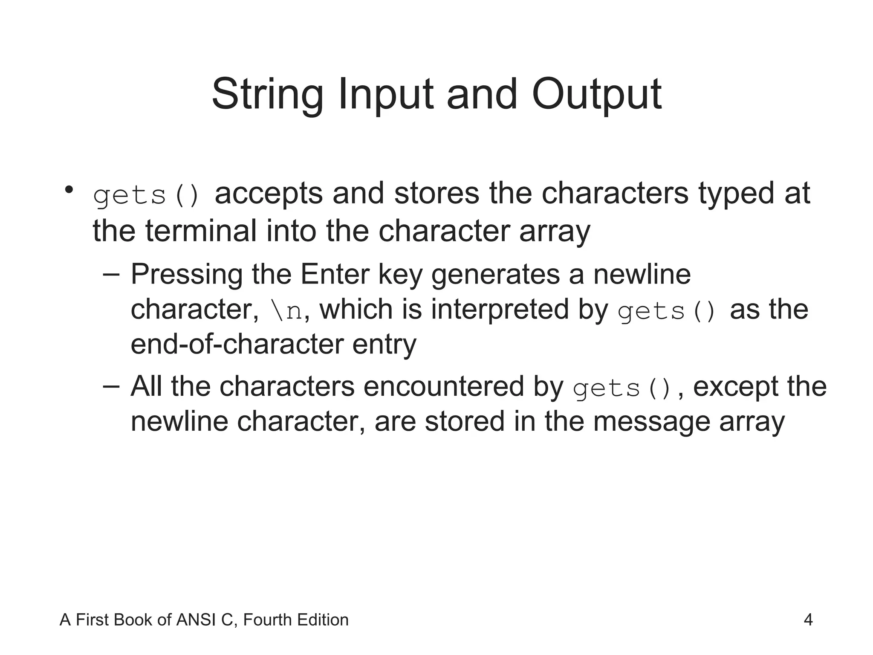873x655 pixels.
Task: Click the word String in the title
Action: tap(267, 95)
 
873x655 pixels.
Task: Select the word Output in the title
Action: tap(596, 95)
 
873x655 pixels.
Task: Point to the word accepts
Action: tap(269, 194)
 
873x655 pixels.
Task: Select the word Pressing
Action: tap(186, 275)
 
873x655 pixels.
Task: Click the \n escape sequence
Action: tap(286, 310)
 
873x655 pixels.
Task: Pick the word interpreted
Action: tap(500, 310)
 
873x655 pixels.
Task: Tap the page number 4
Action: tap(808, 620)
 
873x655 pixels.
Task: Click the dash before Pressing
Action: tap(111, 275)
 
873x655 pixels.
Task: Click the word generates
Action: tap(496, 275)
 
